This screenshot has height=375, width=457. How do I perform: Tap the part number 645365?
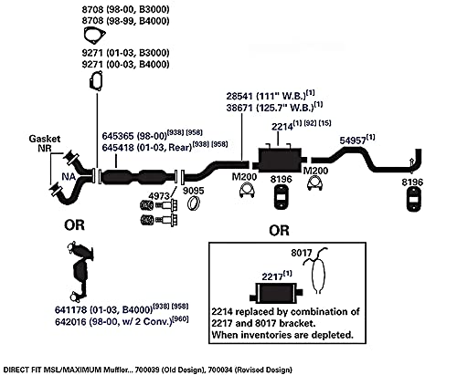118,136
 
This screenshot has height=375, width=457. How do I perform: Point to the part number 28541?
239,96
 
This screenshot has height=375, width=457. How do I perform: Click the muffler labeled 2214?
280,160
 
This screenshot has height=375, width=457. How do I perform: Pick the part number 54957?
353,141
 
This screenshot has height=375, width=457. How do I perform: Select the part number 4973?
159,196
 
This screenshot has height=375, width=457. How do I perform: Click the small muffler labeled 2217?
275,293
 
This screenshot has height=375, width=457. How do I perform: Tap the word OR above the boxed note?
279,231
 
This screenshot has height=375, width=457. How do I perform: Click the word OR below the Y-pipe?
74,225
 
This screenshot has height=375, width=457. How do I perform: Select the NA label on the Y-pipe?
69,177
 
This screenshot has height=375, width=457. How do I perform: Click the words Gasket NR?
45,143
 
